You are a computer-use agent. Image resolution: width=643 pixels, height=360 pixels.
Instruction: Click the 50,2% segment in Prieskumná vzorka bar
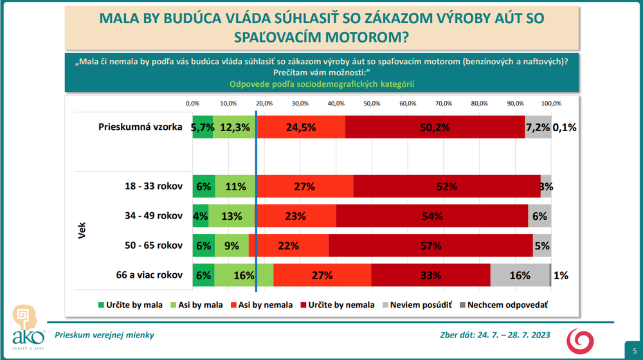coord(435,127)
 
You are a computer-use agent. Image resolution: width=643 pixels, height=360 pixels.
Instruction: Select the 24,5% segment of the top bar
coord(301,127)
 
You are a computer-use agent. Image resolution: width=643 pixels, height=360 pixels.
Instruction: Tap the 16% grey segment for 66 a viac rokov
coord(520,275)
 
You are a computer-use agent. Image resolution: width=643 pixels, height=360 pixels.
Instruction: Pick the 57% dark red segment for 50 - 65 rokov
coord(431,246)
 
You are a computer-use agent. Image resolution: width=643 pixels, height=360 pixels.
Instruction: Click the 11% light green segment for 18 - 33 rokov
coord(236,186)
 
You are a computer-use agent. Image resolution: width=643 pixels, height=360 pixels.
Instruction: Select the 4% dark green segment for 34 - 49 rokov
coord(201,216)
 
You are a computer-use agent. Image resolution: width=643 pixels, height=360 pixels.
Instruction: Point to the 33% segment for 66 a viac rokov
coord(431,275)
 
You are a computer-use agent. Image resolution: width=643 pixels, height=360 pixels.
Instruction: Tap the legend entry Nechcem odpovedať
coord(506,305)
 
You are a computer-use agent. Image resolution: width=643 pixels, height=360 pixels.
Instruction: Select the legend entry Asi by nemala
coord(262,305)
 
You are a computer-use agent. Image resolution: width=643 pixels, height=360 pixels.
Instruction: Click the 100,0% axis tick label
coord(551,103)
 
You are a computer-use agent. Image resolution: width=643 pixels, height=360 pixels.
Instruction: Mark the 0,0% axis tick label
coord(192,103)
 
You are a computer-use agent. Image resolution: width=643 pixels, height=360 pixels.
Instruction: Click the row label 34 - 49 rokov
coord(154,216)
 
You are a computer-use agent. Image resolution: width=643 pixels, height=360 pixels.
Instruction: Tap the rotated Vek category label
coord(83,231)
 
